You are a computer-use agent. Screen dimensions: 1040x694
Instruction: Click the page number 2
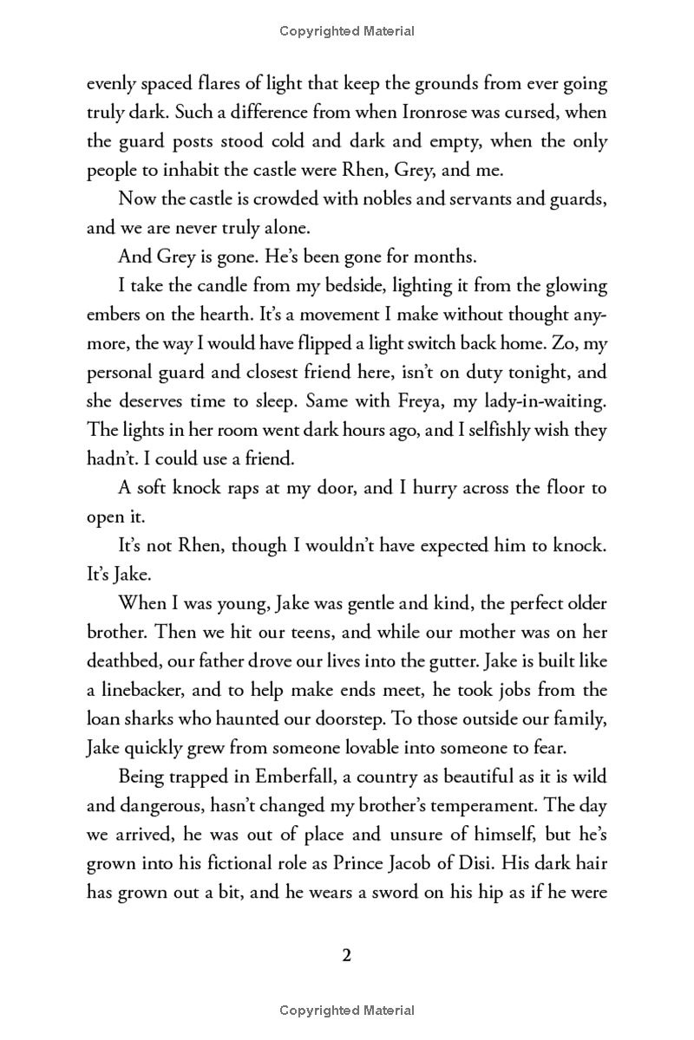tap(346, 956)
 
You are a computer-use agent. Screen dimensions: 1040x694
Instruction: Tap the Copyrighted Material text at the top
tap(347, 31)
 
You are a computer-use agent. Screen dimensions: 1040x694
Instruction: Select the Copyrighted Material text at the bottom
tap(347, 1010)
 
